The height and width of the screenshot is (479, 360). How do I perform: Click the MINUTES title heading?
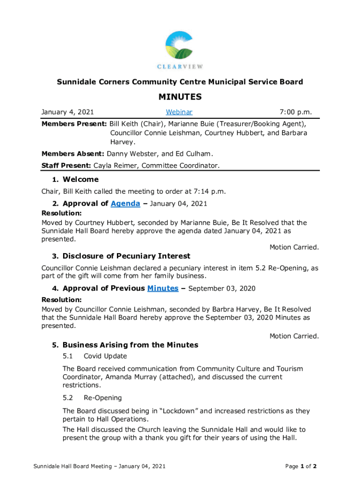coord(180,97)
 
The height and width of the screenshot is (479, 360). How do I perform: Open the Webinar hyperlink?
coord(179,112)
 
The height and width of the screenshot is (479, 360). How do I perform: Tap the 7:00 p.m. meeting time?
coord(295,112)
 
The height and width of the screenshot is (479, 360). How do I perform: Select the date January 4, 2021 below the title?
coord(68,112)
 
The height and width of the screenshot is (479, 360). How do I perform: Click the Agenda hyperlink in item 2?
coord(125,203)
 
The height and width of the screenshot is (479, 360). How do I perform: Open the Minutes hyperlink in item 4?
coord(163,289)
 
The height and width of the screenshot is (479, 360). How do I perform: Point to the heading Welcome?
coord(80,180)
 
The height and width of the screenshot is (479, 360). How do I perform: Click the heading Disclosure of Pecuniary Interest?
coord(126,256)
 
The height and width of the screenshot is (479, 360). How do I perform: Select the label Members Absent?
coord(73,153)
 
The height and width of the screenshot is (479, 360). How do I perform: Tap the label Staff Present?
coord(66,165)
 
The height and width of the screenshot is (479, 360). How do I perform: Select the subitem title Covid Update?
coord(105,356)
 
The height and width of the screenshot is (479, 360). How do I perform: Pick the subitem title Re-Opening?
coord(102,398)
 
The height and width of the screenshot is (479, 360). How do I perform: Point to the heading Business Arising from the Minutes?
coord(130,345)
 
